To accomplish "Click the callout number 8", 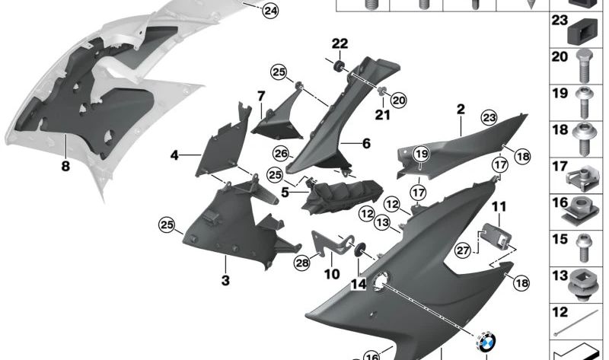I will coord(65,166).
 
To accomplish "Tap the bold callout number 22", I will coord(340,43).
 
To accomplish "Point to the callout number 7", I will coord(260,97).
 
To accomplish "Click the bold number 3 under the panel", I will coord(225,280).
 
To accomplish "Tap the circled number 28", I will coord(302,263).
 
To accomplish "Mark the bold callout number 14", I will coord(359,283).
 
